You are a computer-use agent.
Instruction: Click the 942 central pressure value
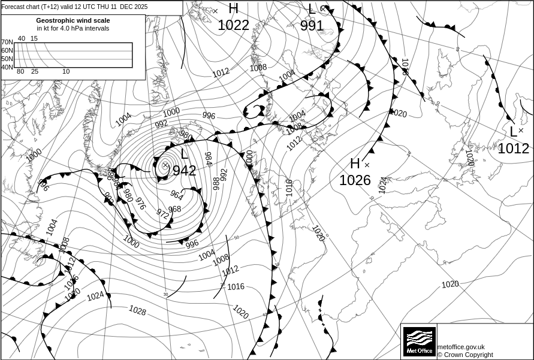[x=185, y=171]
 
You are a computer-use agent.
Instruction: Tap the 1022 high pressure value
[x=233, y=25]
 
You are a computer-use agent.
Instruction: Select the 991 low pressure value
[x=312, y=26]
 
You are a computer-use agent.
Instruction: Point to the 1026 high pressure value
[x=355, y=180]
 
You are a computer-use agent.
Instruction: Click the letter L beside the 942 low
[x=184, y=155]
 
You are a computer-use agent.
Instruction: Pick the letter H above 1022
[x=233, y=8]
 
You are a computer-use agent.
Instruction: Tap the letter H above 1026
[x=355, y=164]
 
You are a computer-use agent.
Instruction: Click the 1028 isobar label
[x=137, y=310]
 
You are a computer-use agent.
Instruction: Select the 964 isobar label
[x=176, y=195]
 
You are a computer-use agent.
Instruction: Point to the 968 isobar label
[x=174, y=209]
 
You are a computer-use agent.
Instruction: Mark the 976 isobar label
[x=141, y=204]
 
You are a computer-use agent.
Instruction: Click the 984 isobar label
[x=208, y=159]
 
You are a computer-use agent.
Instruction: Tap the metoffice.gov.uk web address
[x=461, y=347]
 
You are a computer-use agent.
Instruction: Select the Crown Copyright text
[x=465, y=355]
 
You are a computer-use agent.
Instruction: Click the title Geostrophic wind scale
[x=73, y=20]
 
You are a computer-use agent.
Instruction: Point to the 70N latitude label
[x=7, y=43]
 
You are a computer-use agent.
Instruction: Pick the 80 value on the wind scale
[x=20, y=72]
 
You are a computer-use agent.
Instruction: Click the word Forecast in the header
[x=14, y=7]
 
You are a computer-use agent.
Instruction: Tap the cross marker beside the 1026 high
[x=367, y=165]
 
